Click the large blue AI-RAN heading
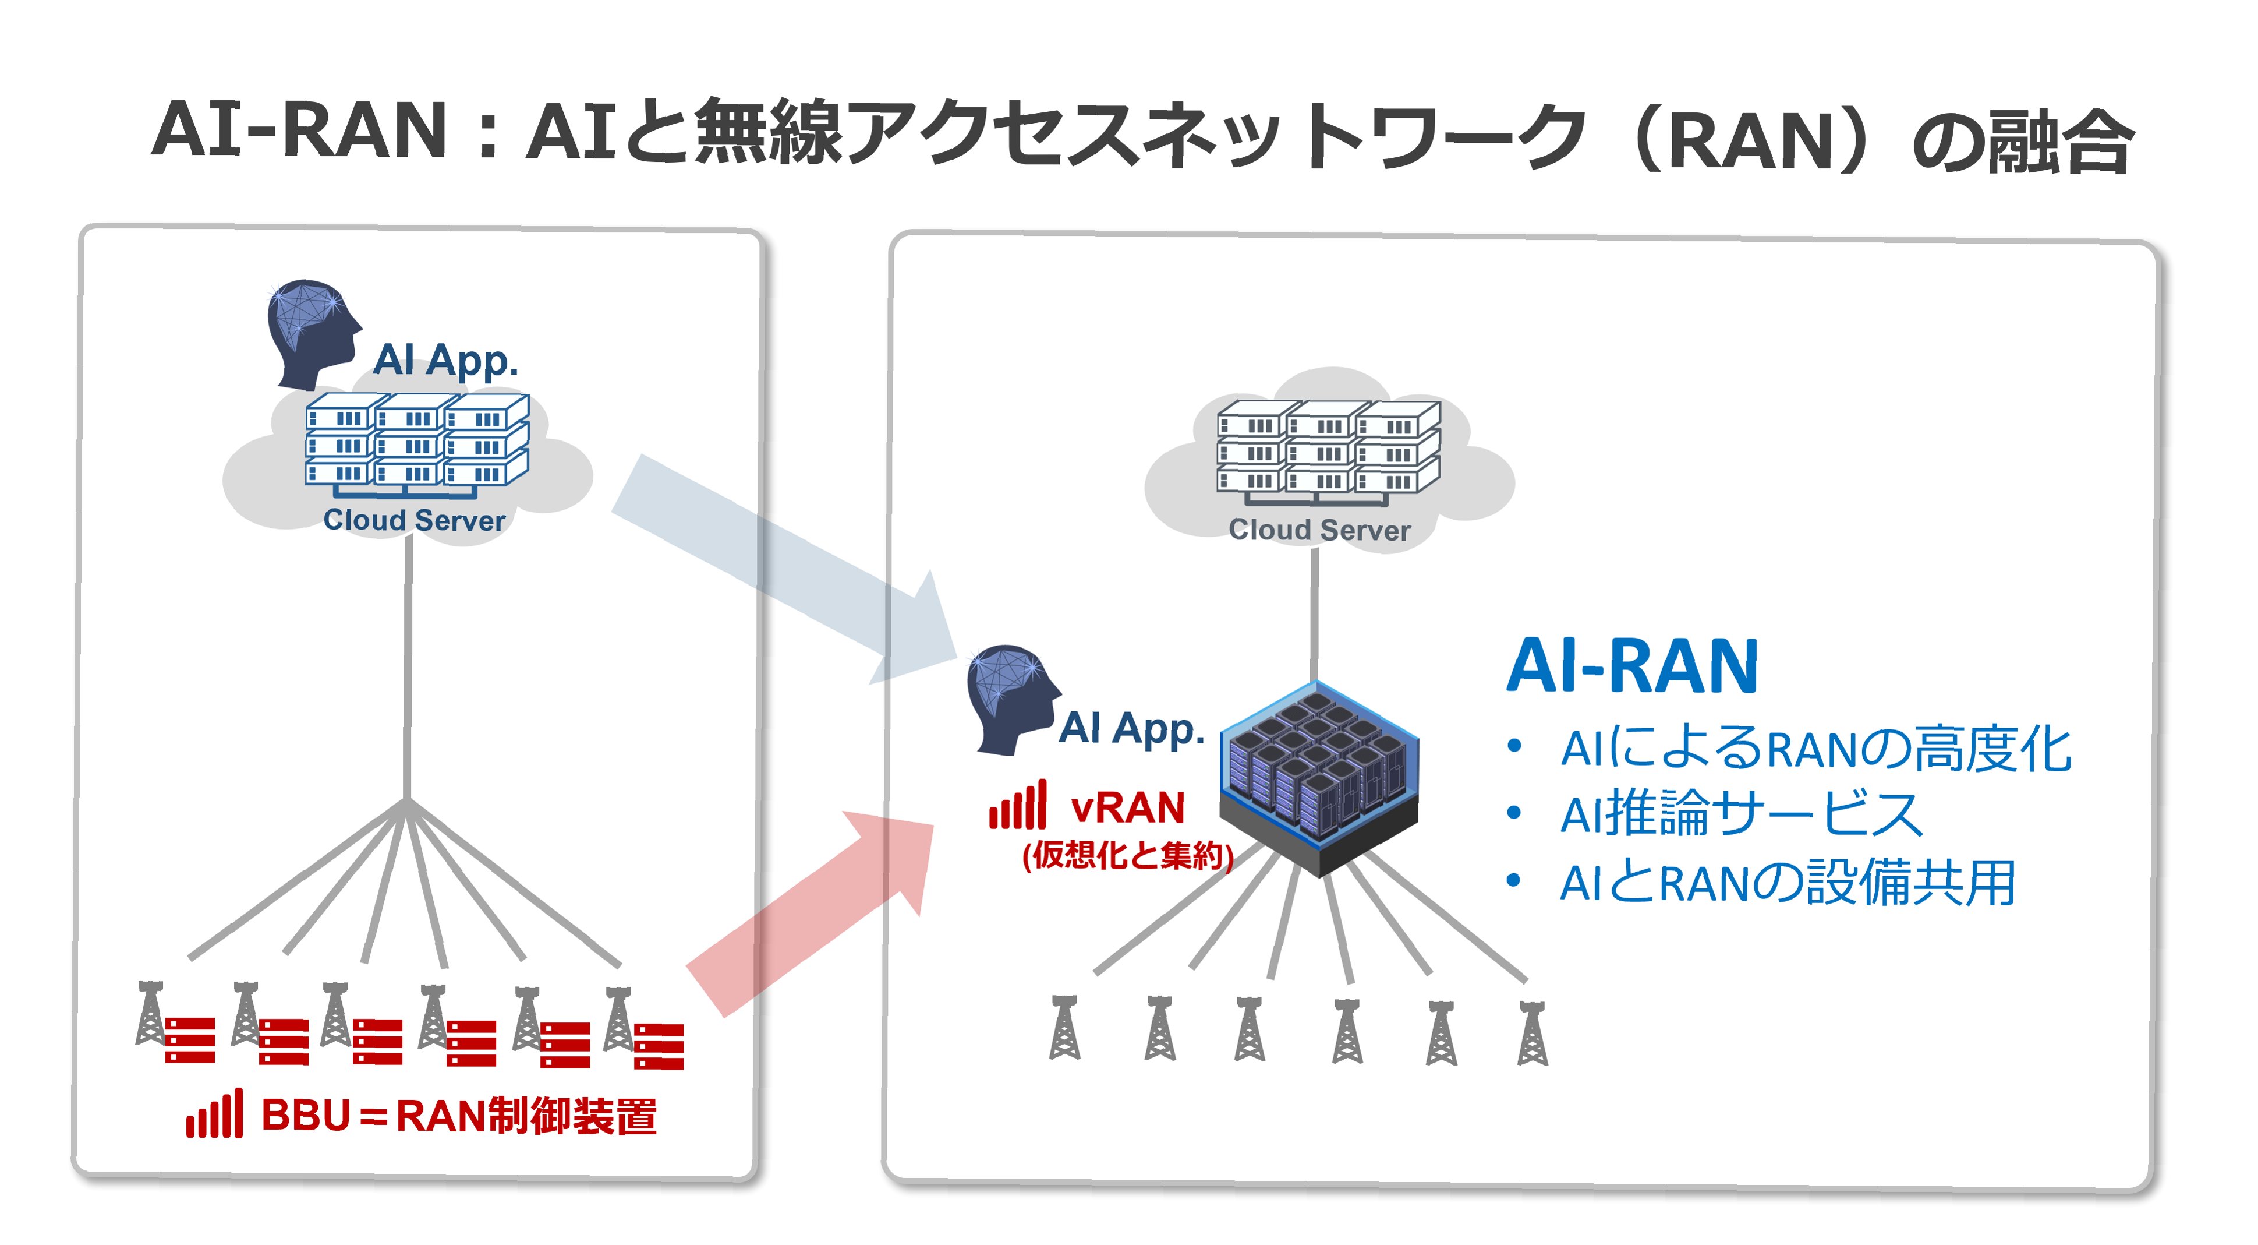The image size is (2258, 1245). (1632, 666)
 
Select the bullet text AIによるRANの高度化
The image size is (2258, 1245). (1814, 750)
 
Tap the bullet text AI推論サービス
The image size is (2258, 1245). (1740, 814)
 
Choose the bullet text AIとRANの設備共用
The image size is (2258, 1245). (1788, 882)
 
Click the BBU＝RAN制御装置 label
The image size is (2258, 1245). (458, 1116)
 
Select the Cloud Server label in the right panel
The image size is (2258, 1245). (1319, 530)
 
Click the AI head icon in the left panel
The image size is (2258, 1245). (311, 333)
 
